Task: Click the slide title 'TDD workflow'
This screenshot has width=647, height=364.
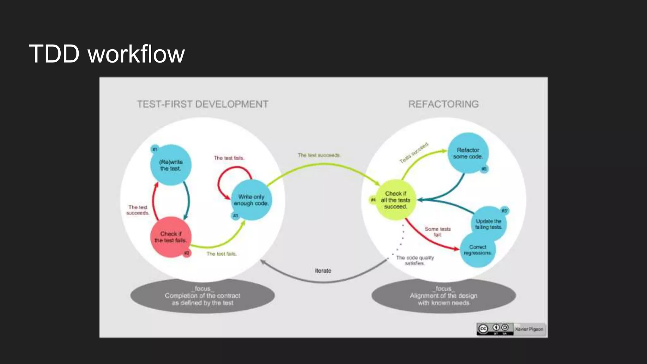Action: point(107,54)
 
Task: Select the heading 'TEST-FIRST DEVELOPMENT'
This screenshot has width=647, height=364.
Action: point(203,104)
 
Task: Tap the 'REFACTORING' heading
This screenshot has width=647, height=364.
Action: point(443,104)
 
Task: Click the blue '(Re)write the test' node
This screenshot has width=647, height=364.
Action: point(171,165)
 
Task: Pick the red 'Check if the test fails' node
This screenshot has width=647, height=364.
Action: point(171,237)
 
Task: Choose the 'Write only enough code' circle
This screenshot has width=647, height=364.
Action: point(251,200)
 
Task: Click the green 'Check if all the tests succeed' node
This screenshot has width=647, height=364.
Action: point(395,200)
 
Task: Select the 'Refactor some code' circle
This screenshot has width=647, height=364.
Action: point(468,153)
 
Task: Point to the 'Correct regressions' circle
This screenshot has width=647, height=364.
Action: point(477,250)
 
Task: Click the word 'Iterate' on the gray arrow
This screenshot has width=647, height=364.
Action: point(323,271)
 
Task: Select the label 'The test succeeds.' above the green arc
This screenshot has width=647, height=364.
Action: point(319,155)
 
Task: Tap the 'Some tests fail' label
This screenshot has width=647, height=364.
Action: point(438,232)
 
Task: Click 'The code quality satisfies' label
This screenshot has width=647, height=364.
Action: point(415,260)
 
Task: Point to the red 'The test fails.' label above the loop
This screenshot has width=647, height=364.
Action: point(229,158)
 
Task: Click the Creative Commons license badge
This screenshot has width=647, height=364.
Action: point(495,329)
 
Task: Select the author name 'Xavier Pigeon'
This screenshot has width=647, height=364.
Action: point(529,329)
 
